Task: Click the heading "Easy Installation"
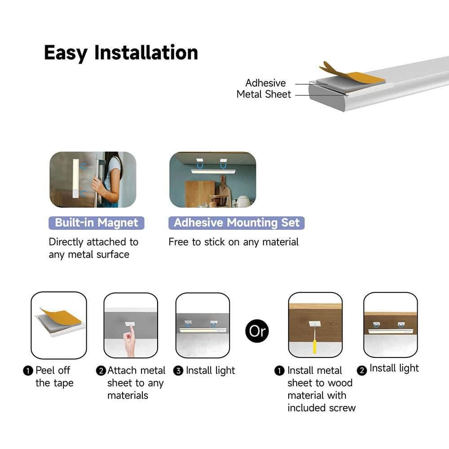pyautogui.click(x=121, y=53)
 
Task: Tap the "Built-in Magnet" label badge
pyautogui.click(x=97, y=223)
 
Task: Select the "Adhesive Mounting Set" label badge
pyautogui.click(x=237, y=223)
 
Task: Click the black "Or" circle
pyautogui.click(x=257, y=331)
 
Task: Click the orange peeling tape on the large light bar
pyautogui.click(x=352, y=74)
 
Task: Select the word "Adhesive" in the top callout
pyautogui.click(x=265, y=83)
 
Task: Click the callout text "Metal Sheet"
pyautogui.click(x=264, y=94)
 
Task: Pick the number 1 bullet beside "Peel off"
pyautogui.click(x=28, y=371)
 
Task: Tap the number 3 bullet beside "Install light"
pyautogui.click(x=178, y=371)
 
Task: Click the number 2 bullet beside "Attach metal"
pyautogui.click(x=101, y=371)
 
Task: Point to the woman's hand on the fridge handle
pyautogui.click(x=99, y=186)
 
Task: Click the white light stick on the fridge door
pyautogui.click(x=75, y=178)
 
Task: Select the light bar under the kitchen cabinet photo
pyautogui.click(x=213, y=172)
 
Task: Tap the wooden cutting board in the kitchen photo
pyautogui.click(x=200, y=194)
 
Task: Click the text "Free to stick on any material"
pyautogui.click(x=233, y=242)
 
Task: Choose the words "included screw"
pyautogui.click(x=321, y=408)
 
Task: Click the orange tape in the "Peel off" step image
pyautogui.click(x=61, y=317)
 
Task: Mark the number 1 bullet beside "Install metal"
pyautogui.click(x=279, y=371)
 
